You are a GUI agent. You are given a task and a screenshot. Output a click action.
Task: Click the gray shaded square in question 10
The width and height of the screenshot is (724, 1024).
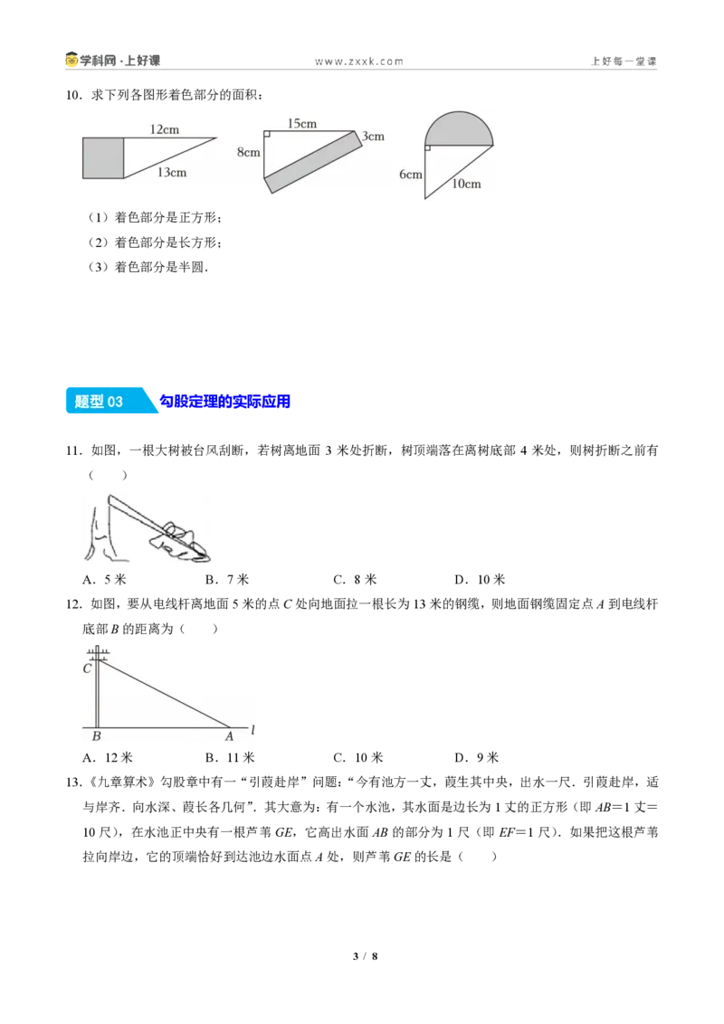tap(103, 158)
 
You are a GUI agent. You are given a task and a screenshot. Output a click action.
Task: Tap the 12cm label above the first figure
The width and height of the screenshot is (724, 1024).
tap(165, 129)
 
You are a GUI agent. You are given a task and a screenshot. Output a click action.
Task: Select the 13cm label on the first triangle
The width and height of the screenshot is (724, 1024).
tap(172, 173)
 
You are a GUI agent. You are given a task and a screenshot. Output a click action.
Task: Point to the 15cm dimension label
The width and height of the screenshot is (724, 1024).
tap(302, 123)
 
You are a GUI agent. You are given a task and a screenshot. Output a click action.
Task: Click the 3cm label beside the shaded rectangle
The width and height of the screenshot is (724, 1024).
tap(373, 137)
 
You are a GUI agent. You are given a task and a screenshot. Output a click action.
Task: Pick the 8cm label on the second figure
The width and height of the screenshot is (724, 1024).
tap(248, 152)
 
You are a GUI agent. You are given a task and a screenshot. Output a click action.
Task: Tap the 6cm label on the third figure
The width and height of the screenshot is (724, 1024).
tap(411, 175)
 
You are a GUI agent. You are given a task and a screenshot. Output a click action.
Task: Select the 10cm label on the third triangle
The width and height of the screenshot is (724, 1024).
tap(467, 185)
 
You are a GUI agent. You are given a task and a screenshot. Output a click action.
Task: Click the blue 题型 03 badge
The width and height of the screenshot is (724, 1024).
tap(110, 401)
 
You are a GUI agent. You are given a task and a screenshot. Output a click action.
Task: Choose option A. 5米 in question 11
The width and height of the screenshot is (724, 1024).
tap(105, 579)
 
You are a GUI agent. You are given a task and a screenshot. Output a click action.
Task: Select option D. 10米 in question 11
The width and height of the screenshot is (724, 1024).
tap(480, 579)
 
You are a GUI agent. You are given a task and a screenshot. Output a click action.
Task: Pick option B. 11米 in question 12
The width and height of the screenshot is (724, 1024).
tap(230, 757)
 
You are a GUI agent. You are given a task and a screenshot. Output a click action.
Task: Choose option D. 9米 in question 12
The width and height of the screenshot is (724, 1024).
tap(476, 757)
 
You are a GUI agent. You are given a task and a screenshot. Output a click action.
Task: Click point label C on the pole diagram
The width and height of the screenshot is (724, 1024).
tap(87, 668)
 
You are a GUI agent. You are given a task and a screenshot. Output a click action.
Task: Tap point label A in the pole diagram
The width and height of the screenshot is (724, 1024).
tap(229, 736)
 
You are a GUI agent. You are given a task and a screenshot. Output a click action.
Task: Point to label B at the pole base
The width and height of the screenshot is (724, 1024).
tap(97, 736)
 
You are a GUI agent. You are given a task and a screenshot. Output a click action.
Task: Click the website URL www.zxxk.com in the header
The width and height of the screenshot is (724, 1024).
tap(359, 62)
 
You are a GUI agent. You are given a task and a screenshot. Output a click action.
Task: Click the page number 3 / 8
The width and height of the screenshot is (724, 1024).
tap(366, 956)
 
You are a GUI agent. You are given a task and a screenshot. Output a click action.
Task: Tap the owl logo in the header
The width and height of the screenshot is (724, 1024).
tap(71, 60)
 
